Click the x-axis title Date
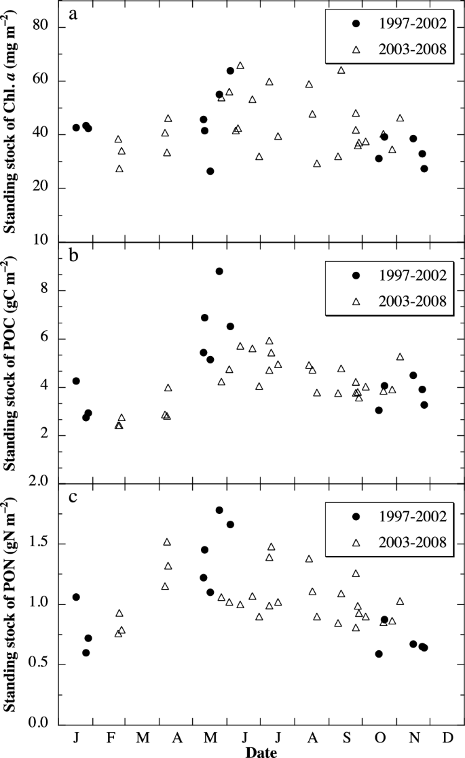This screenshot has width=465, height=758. pos(260,751)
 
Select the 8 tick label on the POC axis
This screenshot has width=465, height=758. pos(46,290)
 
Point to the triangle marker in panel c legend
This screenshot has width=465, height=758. pos(355,542)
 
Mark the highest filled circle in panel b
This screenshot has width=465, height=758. pos(219,271)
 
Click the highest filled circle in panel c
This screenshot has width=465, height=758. pos(219,510)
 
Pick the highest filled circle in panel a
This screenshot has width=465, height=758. pos(230,71)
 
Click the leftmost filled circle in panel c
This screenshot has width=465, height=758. pos(76,597)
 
